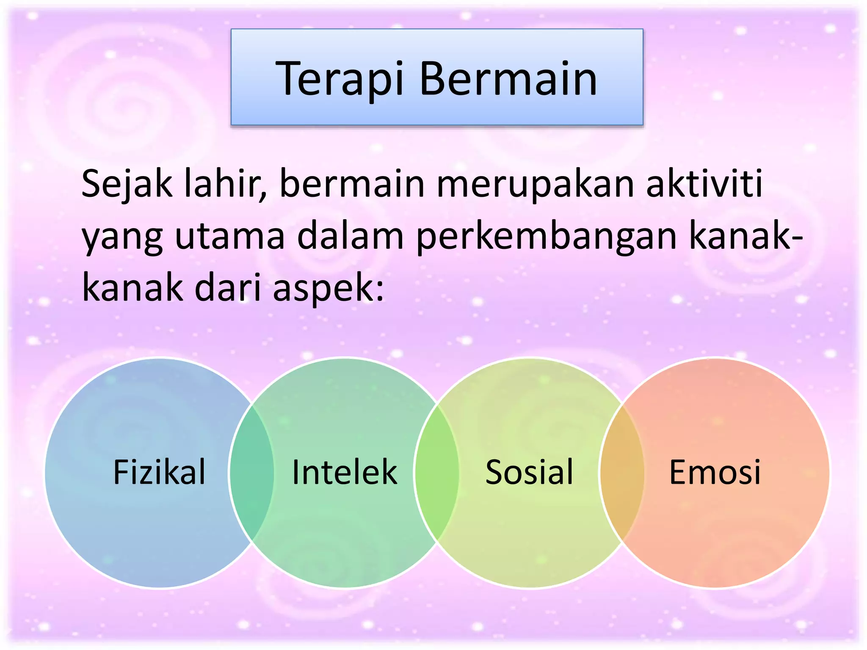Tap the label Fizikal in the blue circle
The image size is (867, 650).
[x=159, y=472]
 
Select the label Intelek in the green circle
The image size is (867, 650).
[x=345, y=472]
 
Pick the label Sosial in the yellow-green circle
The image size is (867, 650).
[x=529, y=472]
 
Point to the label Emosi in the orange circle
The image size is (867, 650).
[x=715, y=472]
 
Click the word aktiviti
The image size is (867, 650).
[x=704, y=184]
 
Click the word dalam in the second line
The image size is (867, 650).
[x=351, y=236]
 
